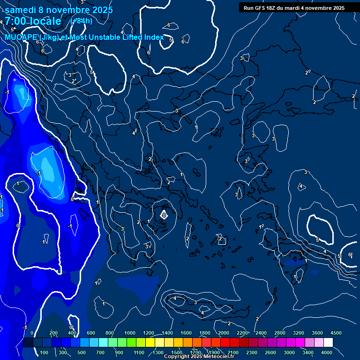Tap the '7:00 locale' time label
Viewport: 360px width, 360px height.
point(33,21)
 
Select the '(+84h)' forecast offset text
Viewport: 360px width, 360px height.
point(81,21)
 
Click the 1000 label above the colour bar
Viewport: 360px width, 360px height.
point(130,332)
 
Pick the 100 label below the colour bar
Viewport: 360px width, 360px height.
point(44,352)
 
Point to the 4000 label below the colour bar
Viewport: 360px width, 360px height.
point(327,352)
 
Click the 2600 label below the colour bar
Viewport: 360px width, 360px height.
point(271,352)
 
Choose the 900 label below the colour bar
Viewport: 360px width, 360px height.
point(119,352)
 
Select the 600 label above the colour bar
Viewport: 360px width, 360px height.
point(91,332)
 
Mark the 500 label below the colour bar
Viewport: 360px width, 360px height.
point(82,352)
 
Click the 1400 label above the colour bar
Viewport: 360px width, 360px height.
point(167,332)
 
